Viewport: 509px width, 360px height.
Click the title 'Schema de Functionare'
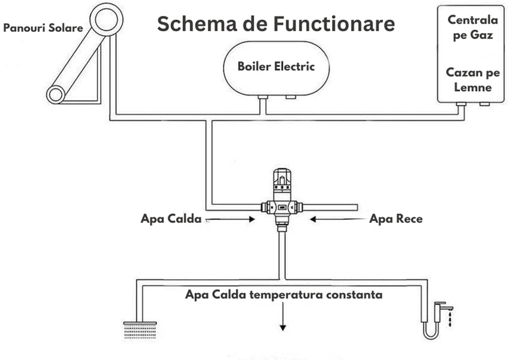276,25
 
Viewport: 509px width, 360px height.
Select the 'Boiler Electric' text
276,66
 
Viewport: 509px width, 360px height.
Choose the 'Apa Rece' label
395,218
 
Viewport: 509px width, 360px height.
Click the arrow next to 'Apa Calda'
232,218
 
